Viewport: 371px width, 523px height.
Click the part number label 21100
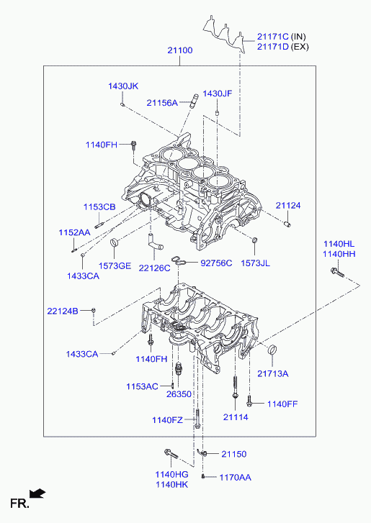tap(180, 50)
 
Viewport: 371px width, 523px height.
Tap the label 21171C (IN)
tap(281, 37)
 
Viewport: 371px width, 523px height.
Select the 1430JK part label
tap(123, 86)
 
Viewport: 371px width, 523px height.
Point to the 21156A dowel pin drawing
tap(194, 101)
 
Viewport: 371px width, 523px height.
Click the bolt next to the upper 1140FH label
tap(133, 145)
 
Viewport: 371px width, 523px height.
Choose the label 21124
tap(288, 206)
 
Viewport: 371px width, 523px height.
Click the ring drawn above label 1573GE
tap(115, 242)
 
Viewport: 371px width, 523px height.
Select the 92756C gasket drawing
tap(179, 261)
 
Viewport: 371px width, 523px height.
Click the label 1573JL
tap(256, 263)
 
